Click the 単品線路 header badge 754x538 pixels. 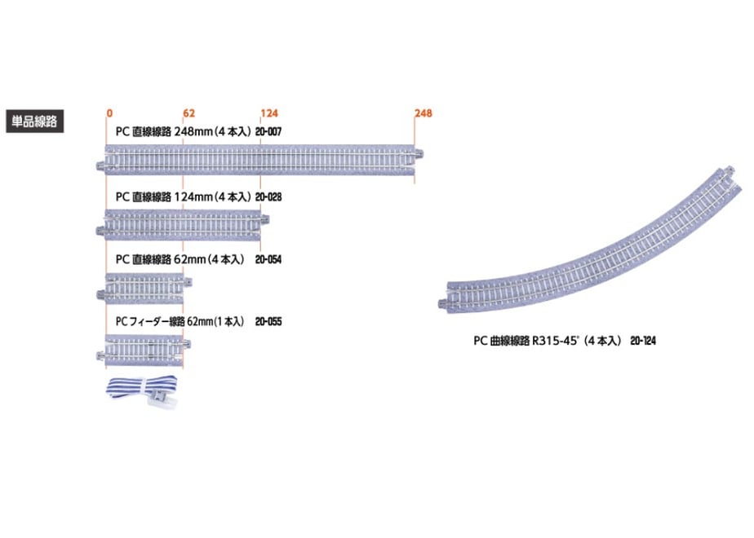(34, 121)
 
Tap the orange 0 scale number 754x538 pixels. (109, 113)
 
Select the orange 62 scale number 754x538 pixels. (189, 113)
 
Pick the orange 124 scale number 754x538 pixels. (269, 113)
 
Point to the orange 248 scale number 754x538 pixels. (424, 113)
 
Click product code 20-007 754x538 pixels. (268, 131)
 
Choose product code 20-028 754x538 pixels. (268, 197)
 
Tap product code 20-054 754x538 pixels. (268, 259)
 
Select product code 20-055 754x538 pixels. (268, 321)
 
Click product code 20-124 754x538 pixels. (643, 341)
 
